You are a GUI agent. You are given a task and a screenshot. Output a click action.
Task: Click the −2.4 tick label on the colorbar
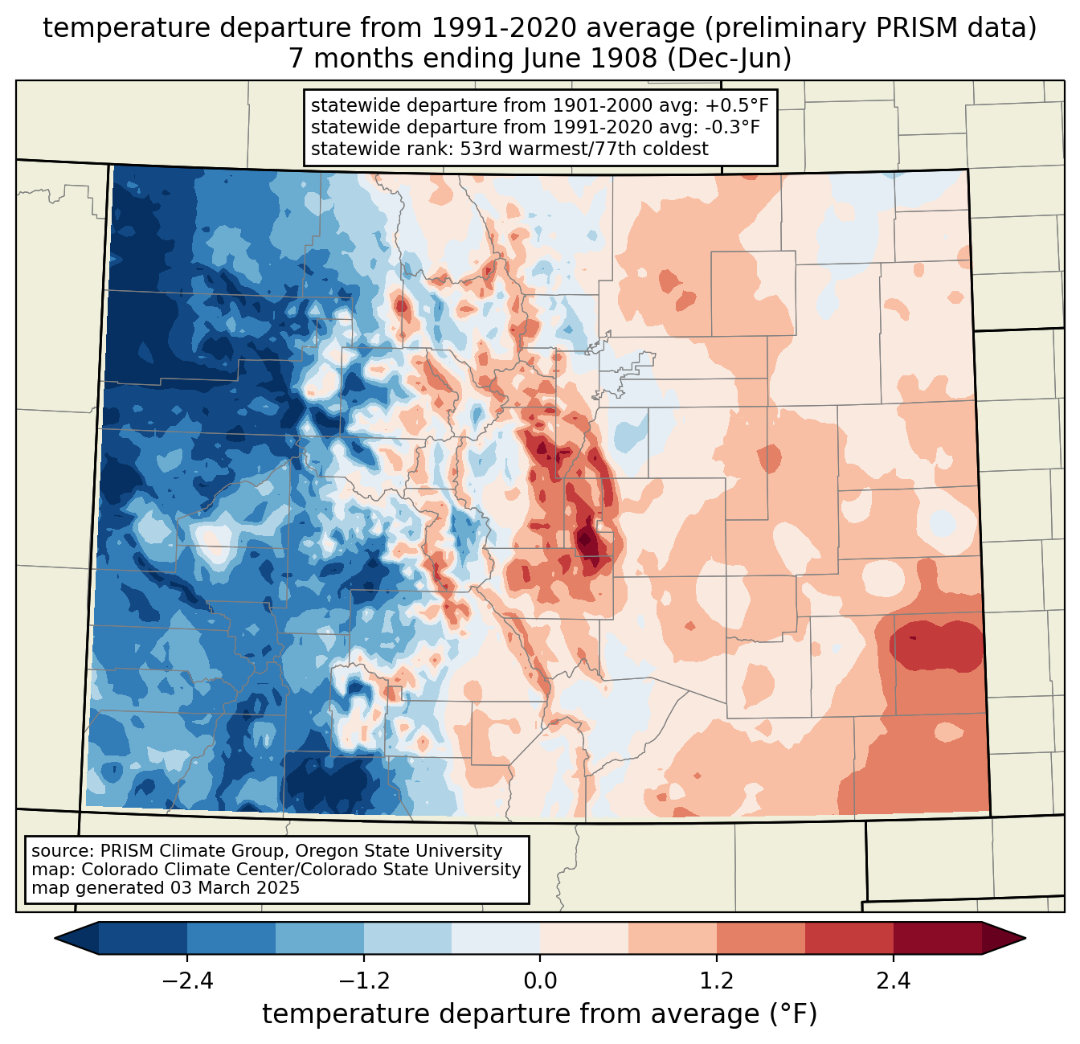186,981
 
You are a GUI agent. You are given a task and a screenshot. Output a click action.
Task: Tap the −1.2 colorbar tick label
363,981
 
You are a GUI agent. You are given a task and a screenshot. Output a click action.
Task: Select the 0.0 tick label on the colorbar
540,981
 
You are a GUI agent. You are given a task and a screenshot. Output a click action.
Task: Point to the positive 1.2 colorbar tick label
717,981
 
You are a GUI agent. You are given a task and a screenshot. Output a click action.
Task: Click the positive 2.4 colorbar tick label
893,981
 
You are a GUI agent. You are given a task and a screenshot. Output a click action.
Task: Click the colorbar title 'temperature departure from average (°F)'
540,1014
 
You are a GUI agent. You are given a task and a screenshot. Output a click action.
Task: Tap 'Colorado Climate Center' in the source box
170,870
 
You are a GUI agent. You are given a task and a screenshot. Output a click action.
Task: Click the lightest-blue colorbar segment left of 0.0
496,938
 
